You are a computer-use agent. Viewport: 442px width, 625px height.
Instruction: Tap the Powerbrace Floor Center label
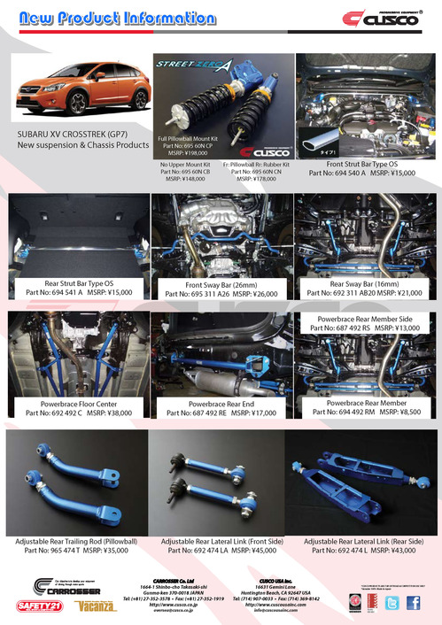78,403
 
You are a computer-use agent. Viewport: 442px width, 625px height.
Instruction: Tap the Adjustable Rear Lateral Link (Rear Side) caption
363,540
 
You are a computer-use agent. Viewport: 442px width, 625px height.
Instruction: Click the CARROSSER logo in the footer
62,584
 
